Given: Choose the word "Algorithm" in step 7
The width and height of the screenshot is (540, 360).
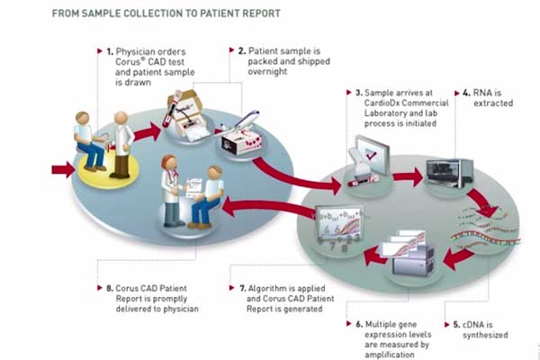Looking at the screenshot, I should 267,293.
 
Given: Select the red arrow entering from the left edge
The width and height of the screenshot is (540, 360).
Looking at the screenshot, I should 63,168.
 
